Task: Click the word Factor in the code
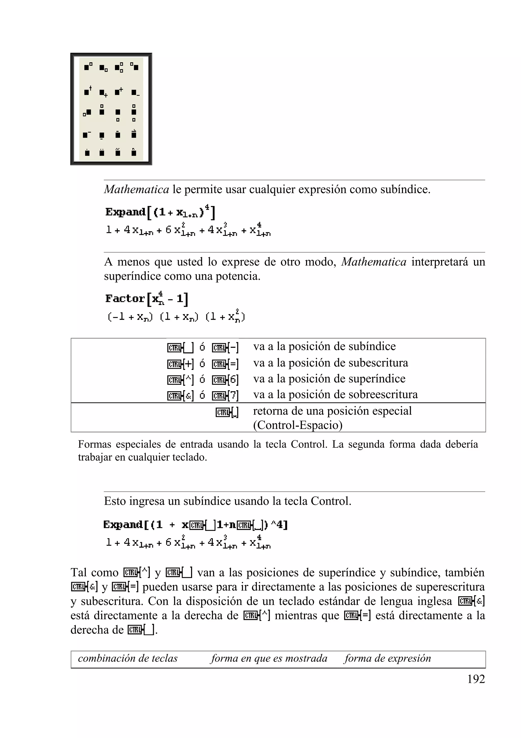point(125,299)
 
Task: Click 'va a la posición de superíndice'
point(329,379)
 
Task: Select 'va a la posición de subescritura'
point(330,363)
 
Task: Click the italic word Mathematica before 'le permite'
point(136,189)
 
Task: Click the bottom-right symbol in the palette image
point(134,152)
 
